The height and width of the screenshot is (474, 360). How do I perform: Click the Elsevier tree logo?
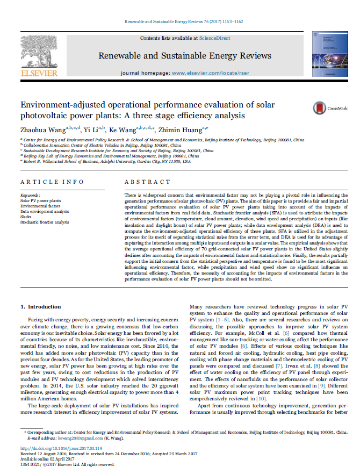[x=38, y=51]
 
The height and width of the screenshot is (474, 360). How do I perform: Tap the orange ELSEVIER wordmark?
[x=38, y=73]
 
